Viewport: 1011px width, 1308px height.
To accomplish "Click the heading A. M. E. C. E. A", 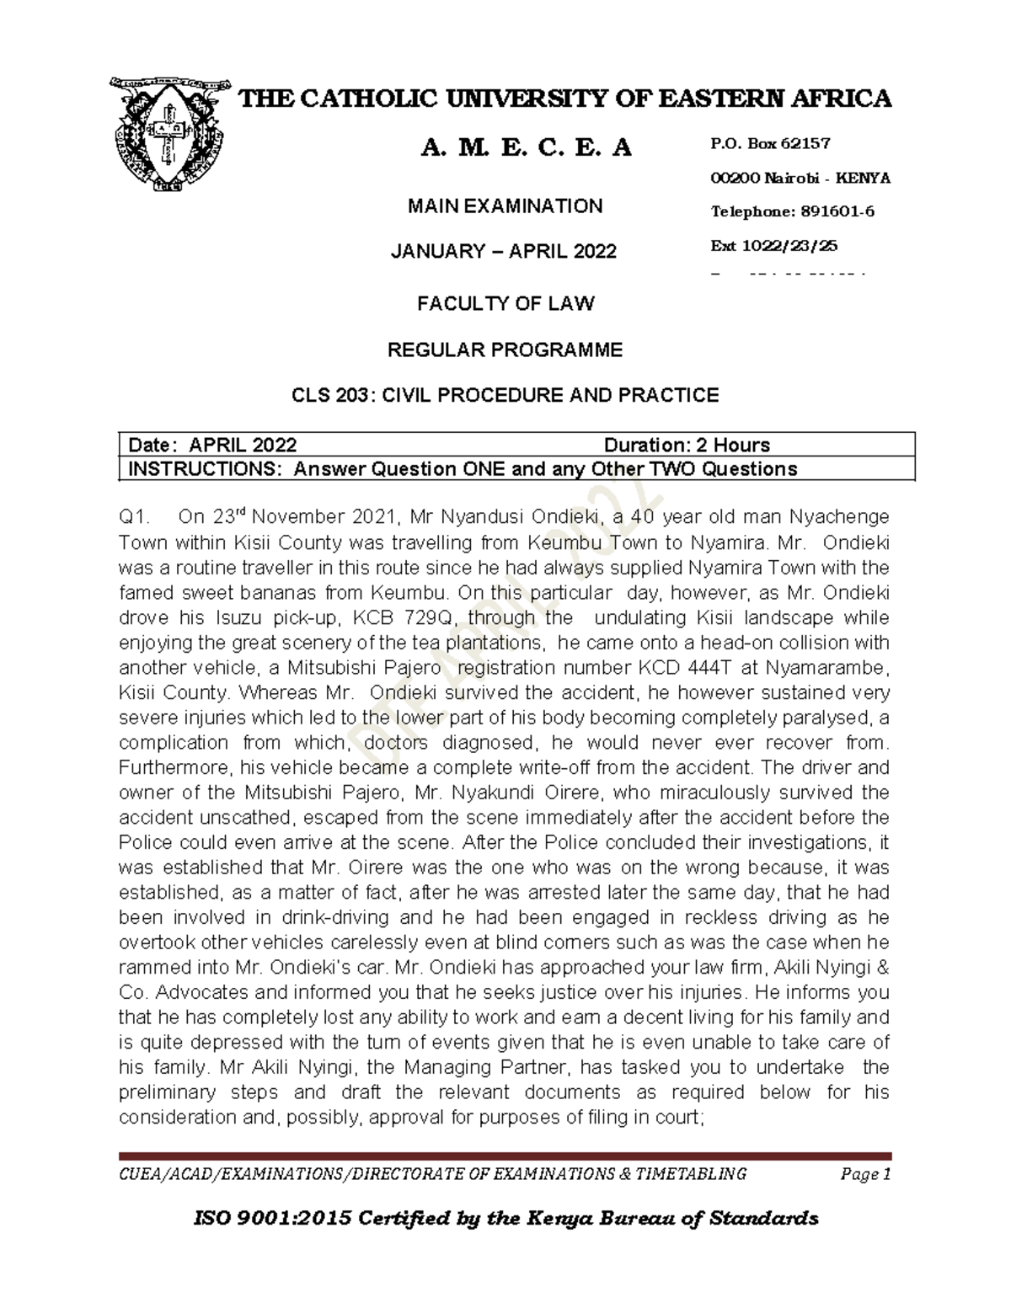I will [x=526, y=148].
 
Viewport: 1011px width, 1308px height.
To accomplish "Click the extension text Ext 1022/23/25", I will [x=774, y=246].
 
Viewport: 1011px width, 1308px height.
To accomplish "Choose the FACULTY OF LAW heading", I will [x=505, y=304].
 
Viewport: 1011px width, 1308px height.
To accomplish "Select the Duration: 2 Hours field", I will [x=687, y=446].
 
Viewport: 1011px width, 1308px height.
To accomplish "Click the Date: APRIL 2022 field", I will [x=211, y=446].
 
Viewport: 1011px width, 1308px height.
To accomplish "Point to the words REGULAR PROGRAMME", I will [x=505, y=350].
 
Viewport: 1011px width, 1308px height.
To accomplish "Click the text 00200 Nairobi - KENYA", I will [x=800, y=178].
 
